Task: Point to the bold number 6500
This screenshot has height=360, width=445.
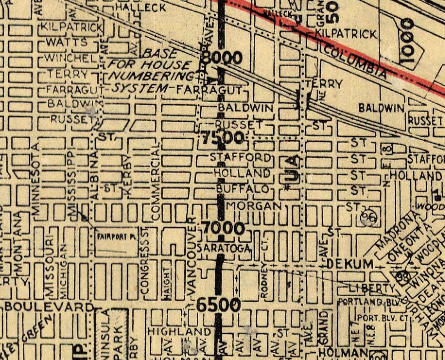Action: [x=218, y=305]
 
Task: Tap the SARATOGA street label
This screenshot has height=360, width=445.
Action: [x=223, y=248]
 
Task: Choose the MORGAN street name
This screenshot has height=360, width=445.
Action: [x=254, y=205]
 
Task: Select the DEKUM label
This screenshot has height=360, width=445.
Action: [x=350, y=264]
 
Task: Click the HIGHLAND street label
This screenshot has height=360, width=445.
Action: [x=179, y=331]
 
